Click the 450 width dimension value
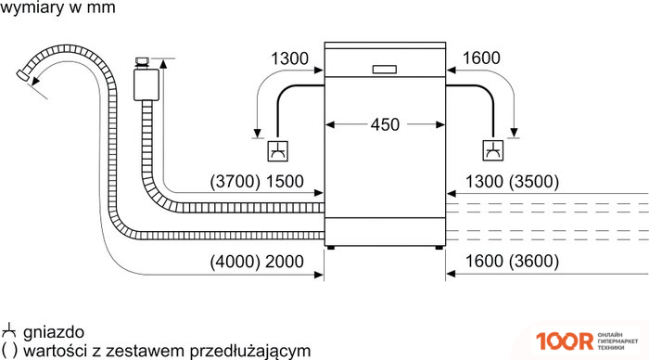[385, 124]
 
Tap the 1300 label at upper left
[288, 58]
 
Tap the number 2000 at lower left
[284, 262]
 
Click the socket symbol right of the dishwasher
[491, 151]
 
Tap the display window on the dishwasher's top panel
[384, 68]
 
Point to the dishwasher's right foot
[435, 247]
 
